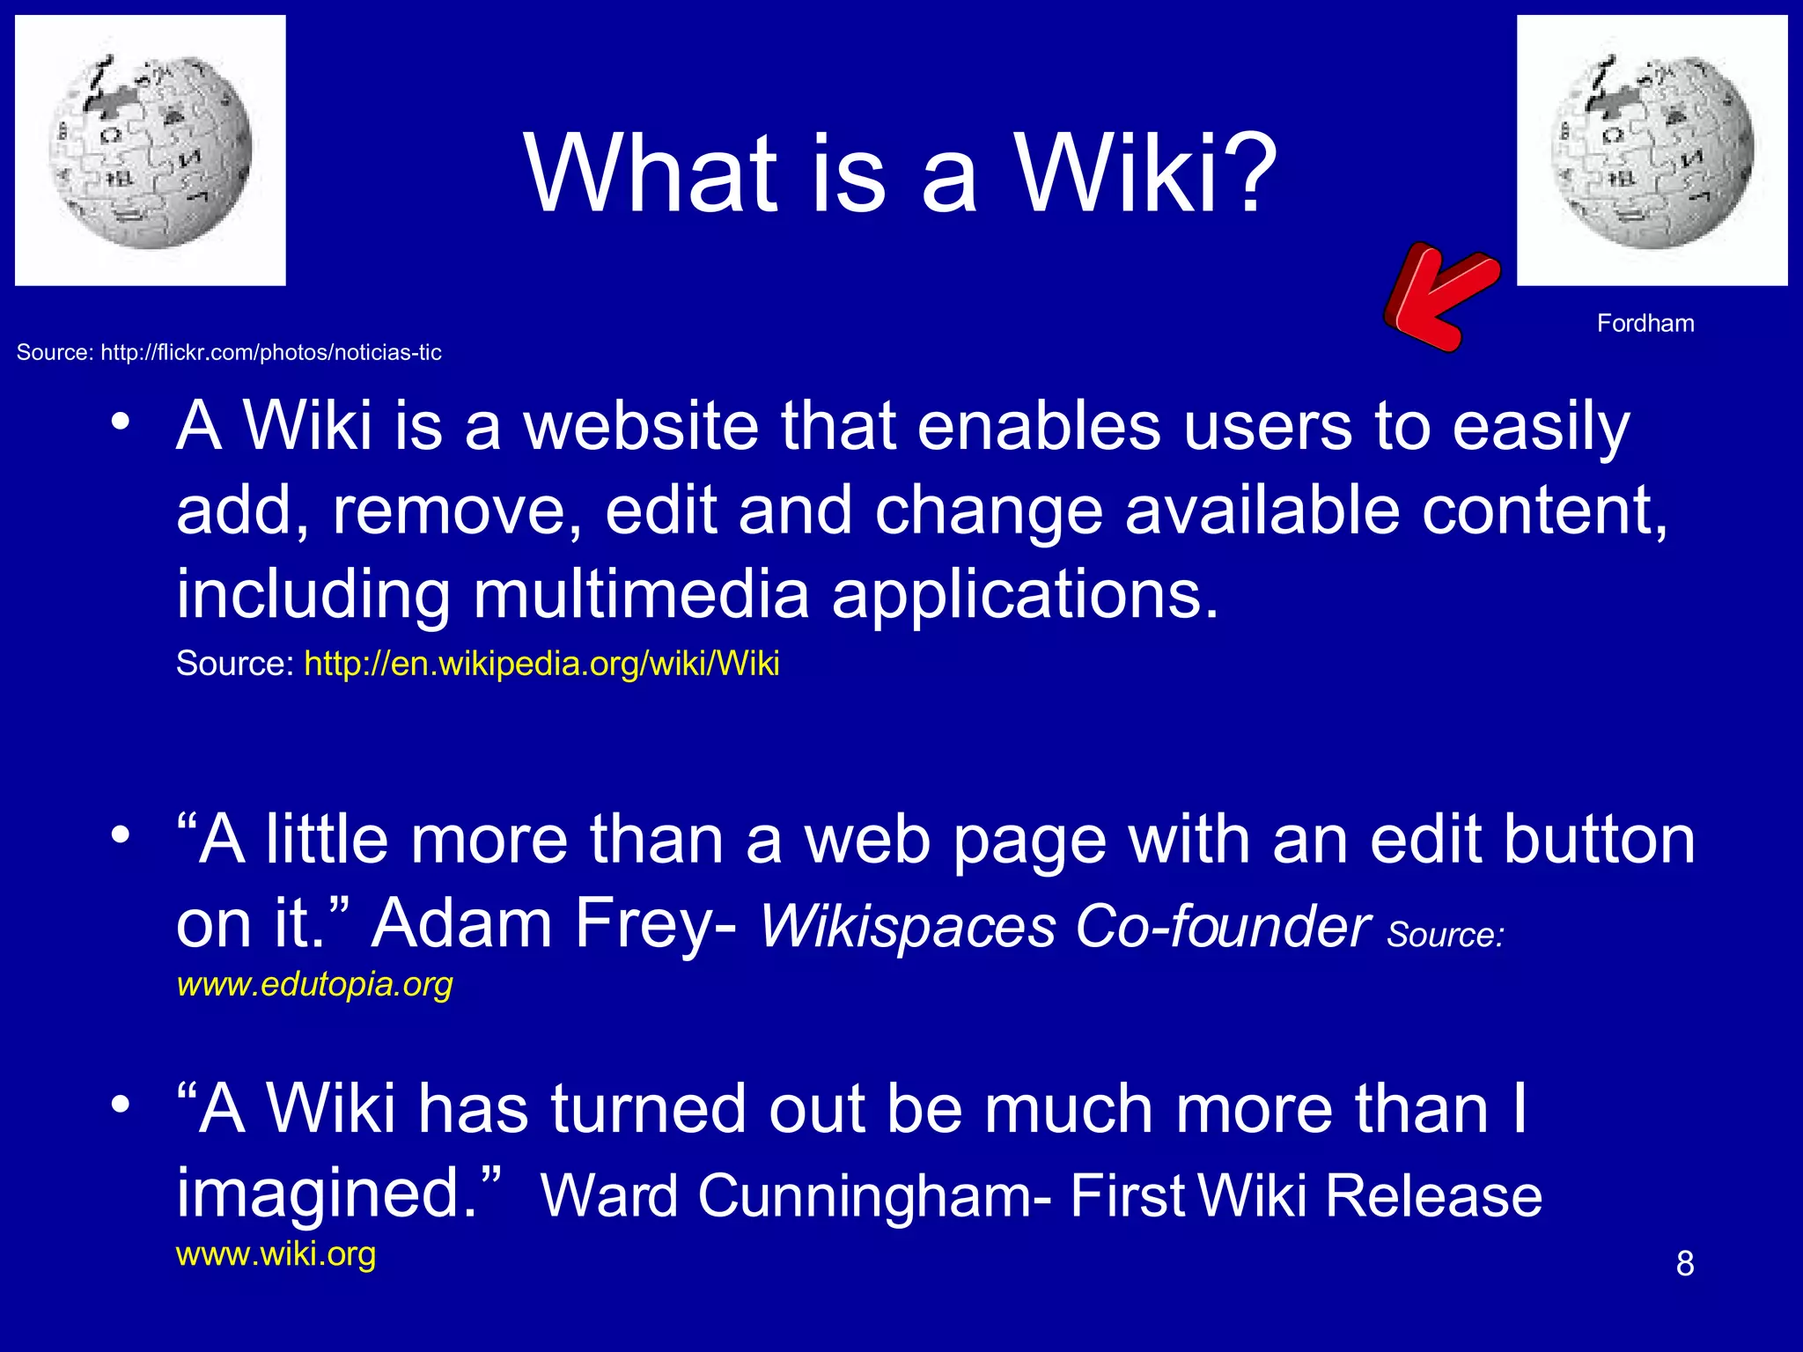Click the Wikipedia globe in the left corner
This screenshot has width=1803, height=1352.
[x=151, y=151]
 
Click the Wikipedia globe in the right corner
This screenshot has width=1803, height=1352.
[x=1652, y=151]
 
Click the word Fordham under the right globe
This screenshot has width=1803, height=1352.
[x=1645, y=324]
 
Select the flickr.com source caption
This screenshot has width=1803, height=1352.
[x=229, y=353]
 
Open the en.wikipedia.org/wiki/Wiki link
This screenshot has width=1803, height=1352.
[x=541, y=664]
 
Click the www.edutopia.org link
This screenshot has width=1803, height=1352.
[x=314, y=984]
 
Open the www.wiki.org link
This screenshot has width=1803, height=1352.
[x=276, y=1253]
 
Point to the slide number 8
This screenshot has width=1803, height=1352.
[x=1685, y=1264]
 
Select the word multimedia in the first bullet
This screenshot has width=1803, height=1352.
[x=641, y=595]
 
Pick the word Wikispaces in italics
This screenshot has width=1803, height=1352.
[x=907, y=928]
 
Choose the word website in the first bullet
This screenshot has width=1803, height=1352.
[x=641, y=427]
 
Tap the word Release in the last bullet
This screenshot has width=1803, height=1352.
[x=1433, y=1197]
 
